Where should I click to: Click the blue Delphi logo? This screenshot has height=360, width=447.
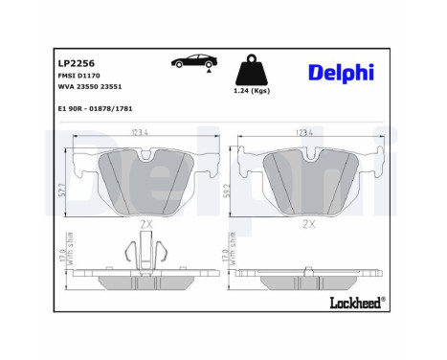[x=341, y=74]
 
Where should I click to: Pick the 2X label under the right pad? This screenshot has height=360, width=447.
[x=308, y=223]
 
